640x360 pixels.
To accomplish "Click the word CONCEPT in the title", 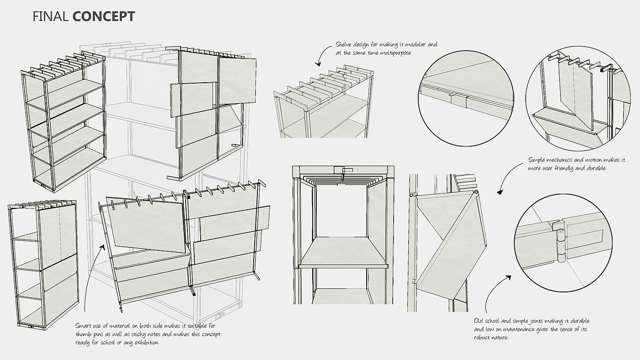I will [x=103, y=17].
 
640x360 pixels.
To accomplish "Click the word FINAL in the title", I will [x=51, y=17].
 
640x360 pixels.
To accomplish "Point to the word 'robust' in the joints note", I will [x=485, y=338].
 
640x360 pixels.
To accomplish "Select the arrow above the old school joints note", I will [x=496, y=292].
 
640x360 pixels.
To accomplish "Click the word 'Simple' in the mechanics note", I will [x=538, y=160].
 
